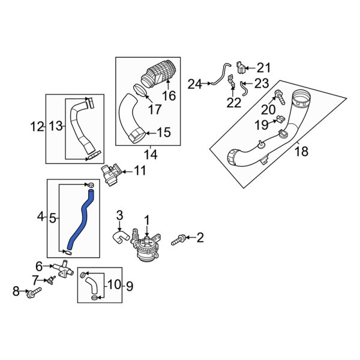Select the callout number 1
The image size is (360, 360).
tap(146, 221)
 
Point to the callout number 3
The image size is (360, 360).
tap(119, 215)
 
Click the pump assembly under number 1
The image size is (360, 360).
tap(146, 249)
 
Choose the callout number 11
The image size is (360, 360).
tap(139, 171)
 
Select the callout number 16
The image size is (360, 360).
tap(169, 96)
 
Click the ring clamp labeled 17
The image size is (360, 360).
tap(139, 91)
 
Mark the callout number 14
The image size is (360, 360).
tap(150, 155)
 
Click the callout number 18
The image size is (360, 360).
tap(302, 151)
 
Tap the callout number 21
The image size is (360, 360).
tap(264, 67)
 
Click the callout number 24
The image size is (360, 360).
tap(194, 84)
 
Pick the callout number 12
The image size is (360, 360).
tap(37, 126)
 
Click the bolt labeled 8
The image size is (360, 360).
tap(34, 293)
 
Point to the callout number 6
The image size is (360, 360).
tap(39, 266)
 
